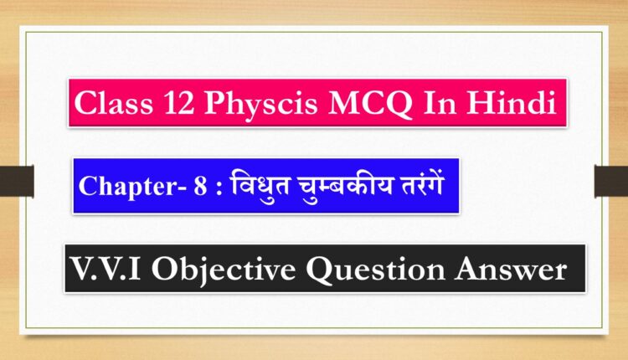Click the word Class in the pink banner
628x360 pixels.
click(113, 103)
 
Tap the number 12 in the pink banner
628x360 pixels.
click(179, 103)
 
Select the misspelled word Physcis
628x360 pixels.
click(260, 105)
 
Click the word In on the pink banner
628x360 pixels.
click(440, 103)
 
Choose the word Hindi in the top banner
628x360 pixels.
click(511, 102)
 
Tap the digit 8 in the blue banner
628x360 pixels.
click(200, 186)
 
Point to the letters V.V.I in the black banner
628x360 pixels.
click(105, 269)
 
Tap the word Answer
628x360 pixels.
click(511, 269)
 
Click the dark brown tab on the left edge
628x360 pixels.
click(17, 181)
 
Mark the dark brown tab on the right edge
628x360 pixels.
click(611, 181)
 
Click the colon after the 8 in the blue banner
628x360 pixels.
click(219, 188)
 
